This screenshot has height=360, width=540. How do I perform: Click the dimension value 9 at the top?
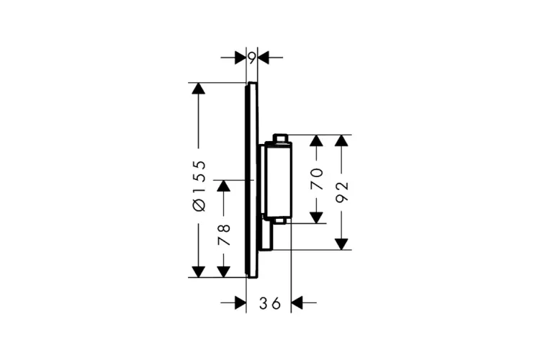click(x=252, y=58)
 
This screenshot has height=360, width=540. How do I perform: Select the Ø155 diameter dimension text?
click(x=199, y=186)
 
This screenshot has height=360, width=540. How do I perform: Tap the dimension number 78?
click(x=224, y=235)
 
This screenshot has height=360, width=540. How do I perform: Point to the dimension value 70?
click(x=318, y=179)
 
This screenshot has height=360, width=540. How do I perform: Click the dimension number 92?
click(x=342, y=192)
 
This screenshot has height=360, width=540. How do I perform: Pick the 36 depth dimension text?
click(x=270, y=303)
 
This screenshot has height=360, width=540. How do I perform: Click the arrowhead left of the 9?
click(x=240, y=58)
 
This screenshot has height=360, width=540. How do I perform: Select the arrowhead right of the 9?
click(x=264, y=58)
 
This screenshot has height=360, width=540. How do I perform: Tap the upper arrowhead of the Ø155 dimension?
click(x=198, y=89)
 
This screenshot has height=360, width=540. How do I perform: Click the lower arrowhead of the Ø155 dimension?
click(x=198, y=272)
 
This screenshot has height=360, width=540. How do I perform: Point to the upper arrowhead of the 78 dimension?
click(x=223, y=186)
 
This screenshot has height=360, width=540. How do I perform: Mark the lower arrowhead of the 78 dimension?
click(x=223, y=272)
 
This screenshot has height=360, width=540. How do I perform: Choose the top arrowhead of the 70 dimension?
click(x=317, y=140)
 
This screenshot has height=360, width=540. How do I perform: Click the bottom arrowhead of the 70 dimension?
click(x=317, y=217)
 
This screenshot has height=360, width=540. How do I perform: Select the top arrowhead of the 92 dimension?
click(x=341, y=140)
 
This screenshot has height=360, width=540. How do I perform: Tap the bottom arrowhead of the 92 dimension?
click(x=341, y=244)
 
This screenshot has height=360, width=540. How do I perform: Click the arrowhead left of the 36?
click(x=240, y=303)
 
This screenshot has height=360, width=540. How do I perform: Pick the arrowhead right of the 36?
click(x=297, y=303)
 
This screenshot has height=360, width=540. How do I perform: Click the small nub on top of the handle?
click(x=279, y=138)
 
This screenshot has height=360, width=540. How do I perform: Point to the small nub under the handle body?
click(x=281, y=221)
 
